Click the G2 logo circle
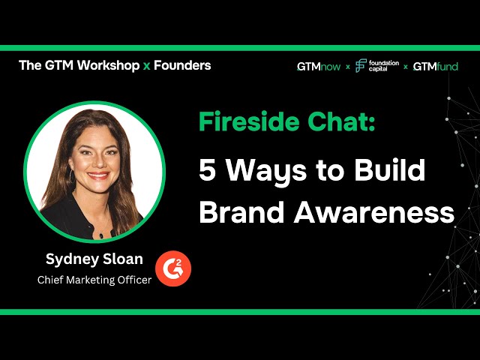(173, 268)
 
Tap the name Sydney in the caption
(72, 259)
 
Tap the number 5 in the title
(207, 170)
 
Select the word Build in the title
(390, 169)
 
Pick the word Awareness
(374, 212)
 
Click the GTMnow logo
(319, 67)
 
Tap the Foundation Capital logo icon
(361, 65)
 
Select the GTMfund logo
(435, 67)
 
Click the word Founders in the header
(182, 65)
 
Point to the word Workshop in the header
(108, 66)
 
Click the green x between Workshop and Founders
(147, 66)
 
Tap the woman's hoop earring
(72, 175)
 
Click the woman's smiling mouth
(98, 175)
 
